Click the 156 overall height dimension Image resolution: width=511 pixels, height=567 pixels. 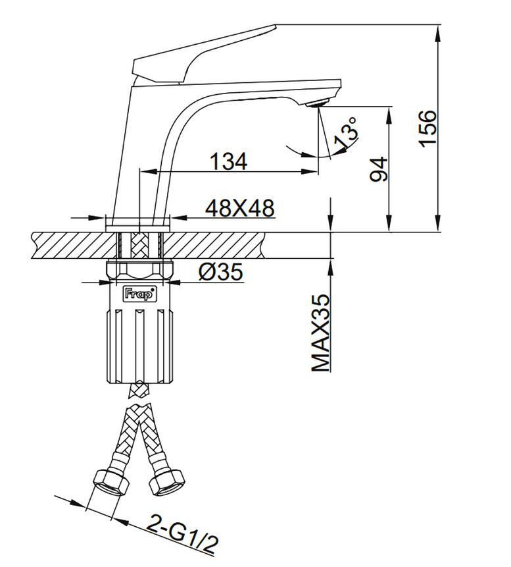click(x=427, y=128)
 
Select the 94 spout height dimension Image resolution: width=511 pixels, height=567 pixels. click(x=379, y=169)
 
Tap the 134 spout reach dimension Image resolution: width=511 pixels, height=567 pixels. click(x=229, y=161)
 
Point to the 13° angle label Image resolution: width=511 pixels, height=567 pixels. click(x=347, y=132)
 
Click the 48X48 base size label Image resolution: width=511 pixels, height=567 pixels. click(x=240, y=208)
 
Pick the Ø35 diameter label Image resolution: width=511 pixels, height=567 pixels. click(x=221, y=272)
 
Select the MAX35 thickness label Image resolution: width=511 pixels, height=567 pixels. click(x=321, y=333)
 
